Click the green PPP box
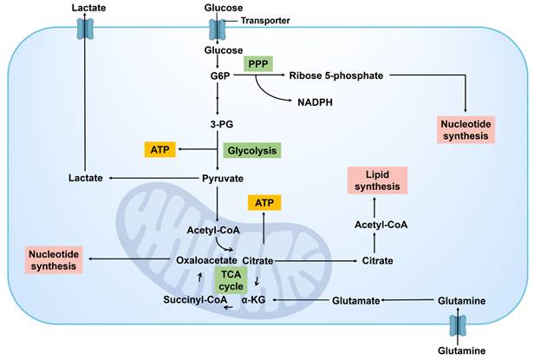pyautogui.click(x=257, y=64)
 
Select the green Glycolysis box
pyautogui.click(x=252, y=150)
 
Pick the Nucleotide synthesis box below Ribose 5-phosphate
pyautogui.click(x=466, y=130)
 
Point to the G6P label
pyautogui.click(x=220, y=75)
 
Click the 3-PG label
pyautogui.click(x=220, y=124)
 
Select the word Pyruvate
pyautogui.click(x=223, y=178)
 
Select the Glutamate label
pyautogui.click(x=356, y=300)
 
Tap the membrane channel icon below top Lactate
pyautogui.click(x=84, y=28)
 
